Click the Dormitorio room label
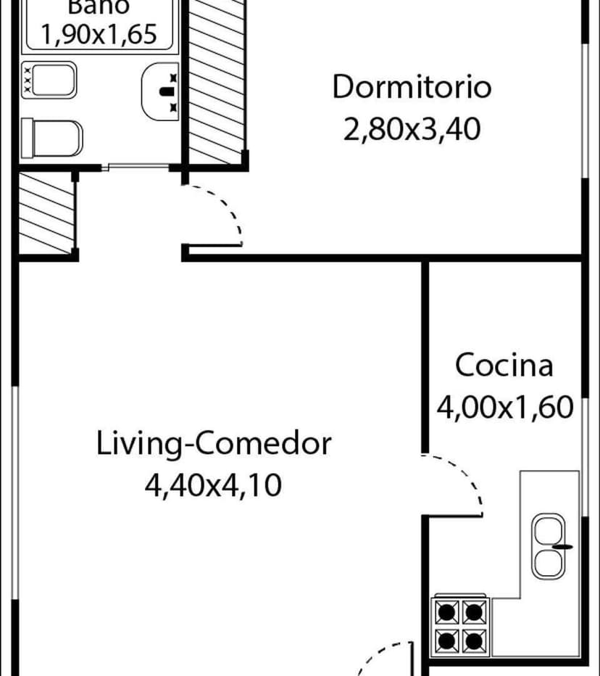tap(412, 87)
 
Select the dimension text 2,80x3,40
tap(412, 131)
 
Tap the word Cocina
tap(504, 365)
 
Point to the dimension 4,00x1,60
tap(504, 407)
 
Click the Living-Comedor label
tap(214, 442)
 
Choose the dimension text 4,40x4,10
tap(214, 484)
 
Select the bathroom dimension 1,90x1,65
tap(100, 34)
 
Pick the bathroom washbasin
tap(160, 91)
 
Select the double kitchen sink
tap(549, 545)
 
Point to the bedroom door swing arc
tap(221, 210)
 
